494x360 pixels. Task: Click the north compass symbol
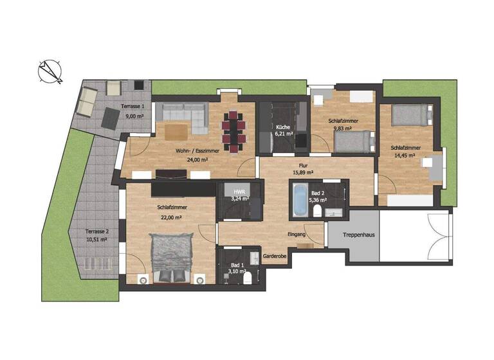50,71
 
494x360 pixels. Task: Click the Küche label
283,127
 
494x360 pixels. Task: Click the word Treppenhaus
359,235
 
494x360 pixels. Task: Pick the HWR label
239,191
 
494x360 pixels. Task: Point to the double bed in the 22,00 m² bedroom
171,256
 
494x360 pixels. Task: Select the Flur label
302,165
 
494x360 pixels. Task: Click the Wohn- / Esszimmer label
197,150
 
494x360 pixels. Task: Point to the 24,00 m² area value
197,159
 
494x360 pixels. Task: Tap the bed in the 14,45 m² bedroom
408,114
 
